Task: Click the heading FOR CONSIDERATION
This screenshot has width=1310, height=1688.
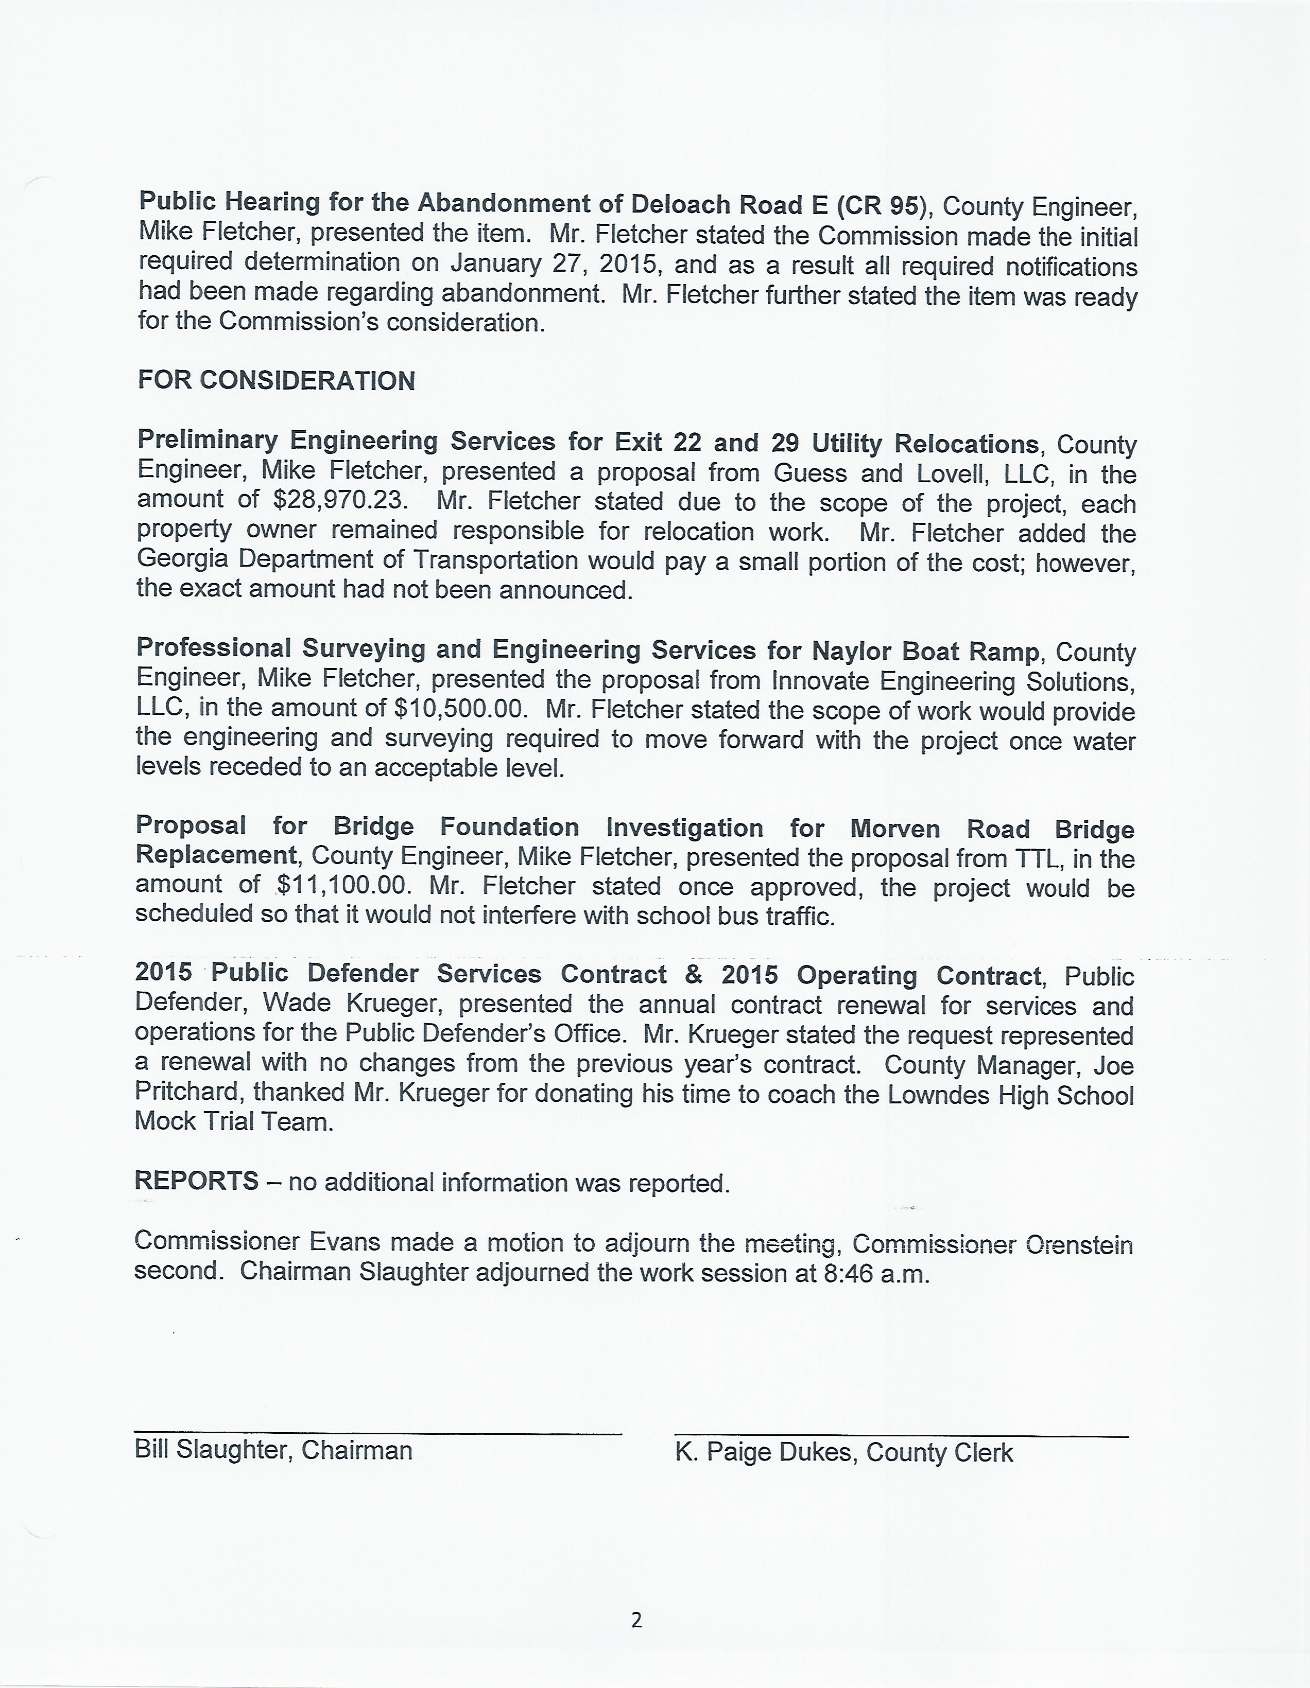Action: point(276,380)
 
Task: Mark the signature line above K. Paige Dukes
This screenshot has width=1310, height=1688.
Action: point(901,1436)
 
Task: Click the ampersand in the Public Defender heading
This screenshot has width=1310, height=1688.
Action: point(694,974)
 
